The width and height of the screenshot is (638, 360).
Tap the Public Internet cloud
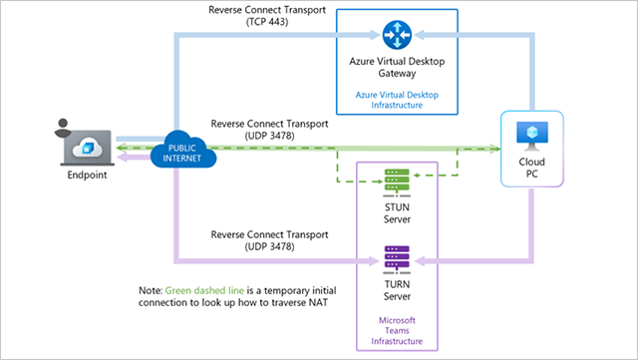point(183,153)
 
